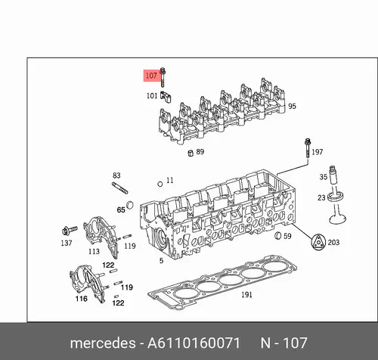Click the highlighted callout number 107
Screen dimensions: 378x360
coord(151,76)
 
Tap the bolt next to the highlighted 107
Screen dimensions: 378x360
coord(163,77)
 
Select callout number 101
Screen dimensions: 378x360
coord(152,96)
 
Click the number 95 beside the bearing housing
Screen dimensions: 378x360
coord(292,106)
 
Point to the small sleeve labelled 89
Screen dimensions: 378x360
coord(191,153)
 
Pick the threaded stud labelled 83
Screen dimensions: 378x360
coord(120,188)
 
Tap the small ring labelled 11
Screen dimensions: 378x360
coord(160,184)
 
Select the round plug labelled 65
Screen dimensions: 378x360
coord(130,205)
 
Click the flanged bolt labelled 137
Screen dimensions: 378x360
coord(69,230)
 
